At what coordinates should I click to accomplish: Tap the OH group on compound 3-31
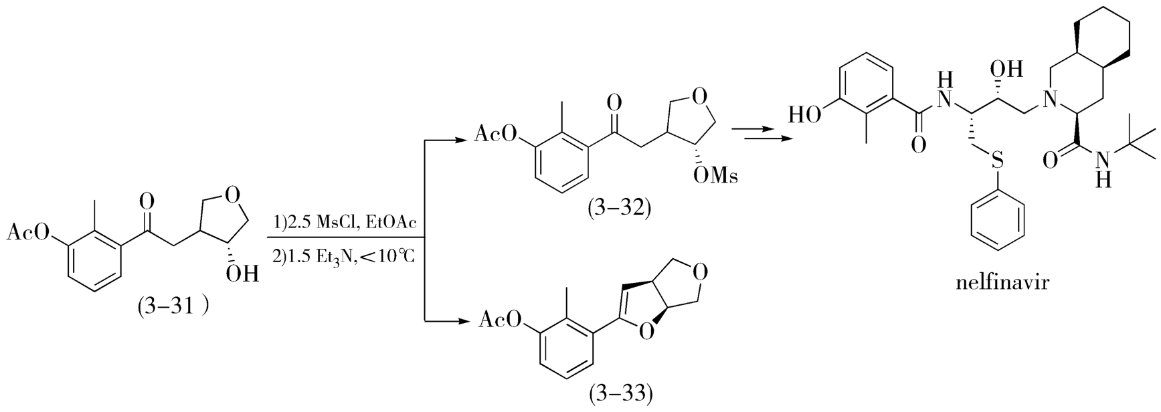[x=241, y=274]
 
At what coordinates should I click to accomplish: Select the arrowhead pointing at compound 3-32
[x=462, y=140]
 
